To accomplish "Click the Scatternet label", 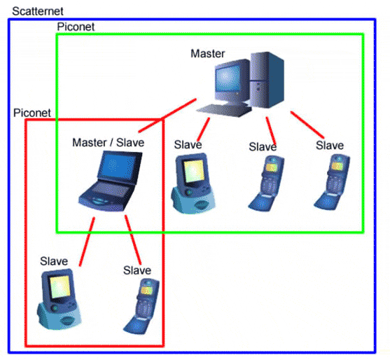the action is [38, 11].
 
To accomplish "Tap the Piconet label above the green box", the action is [76, 27].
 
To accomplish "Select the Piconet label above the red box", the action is [32, 113].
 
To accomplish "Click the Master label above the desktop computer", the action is [208, 53].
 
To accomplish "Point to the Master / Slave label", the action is [109, 143].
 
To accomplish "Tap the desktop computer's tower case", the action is [267, 80].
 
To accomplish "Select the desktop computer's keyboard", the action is [223, 110].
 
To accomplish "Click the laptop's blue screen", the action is [118, 166].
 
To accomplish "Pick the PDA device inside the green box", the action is [193, 184].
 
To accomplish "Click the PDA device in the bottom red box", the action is [60, 299].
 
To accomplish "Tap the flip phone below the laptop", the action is [141, 306].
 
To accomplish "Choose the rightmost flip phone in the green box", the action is [332, 182].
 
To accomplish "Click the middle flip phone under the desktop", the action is [266, 184].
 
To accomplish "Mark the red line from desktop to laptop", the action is [167, 116].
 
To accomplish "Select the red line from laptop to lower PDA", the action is [87, 242].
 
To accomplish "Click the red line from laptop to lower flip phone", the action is [133, 240].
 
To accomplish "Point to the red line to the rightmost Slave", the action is [307, 125].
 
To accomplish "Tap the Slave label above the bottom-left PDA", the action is [54, 261].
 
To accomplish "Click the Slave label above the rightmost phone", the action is [330, 145].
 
